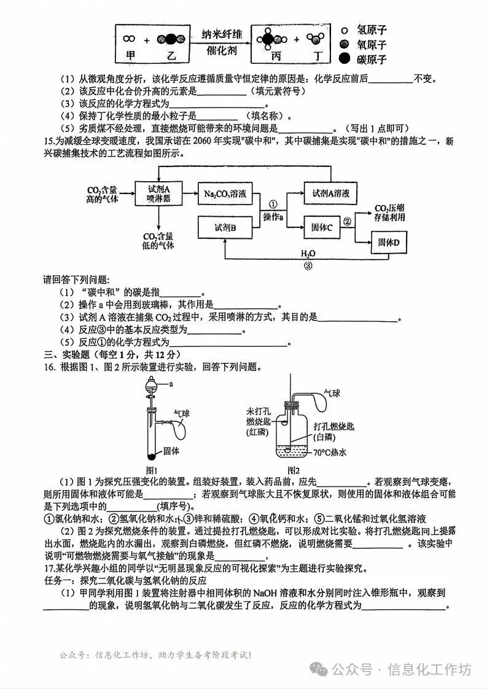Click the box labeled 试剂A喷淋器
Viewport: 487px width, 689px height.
tap(158, 193)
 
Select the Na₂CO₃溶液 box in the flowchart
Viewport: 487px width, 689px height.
tap(225, 193)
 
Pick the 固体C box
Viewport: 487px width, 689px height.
tap(322, 227)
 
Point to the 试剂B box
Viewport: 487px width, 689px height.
tap(225, 227)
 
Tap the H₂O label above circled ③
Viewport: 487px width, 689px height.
tap(308, 253)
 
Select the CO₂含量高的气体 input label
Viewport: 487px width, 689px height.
tap(102, 193)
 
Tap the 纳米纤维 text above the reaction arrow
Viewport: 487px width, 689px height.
tap(222, 35)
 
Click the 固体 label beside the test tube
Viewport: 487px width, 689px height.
tap(171, 450)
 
